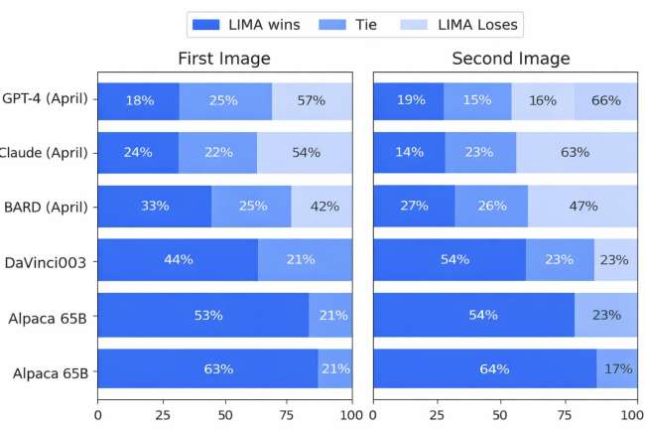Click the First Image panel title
click(x=224, y=59)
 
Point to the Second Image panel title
click(x=510, y=59)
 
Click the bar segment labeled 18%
click(x=138, y=99)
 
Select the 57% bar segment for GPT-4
click(x=312, y=99)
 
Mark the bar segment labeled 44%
click(x=178, y=260)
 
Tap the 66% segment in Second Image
click(x=605, y=99)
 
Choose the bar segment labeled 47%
click(x=582, y=207)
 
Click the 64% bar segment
click(x=485, y=369)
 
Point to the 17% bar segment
click(x=619, y=369)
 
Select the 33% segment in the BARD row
click(x=155, y=207)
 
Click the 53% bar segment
click(x=203, y=315)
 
